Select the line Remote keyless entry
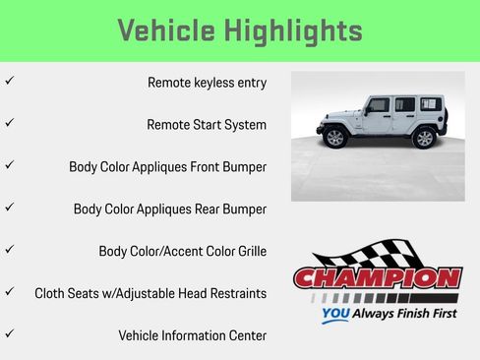coord(207,83)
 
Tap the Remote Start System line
coord(207,125)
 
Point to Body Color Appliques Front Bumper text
coord(167,167)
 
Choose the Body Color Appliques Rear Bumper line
coord(169,210)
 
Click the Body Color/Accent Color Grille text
coord(182,251)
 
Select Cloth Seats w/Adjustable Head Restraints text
coord(150,293)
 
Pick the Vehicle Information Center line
coord(192,335)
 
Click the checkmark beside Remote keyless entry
coord(9,81)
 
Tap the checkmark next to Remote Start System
coord(9,123)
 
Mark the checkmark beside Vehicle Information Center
coord(9,333)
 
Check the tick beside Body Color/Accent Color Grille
coord(9,249)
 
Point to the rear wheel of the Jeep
coord(424,137)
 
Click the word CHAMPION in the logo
coord(377,278)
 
